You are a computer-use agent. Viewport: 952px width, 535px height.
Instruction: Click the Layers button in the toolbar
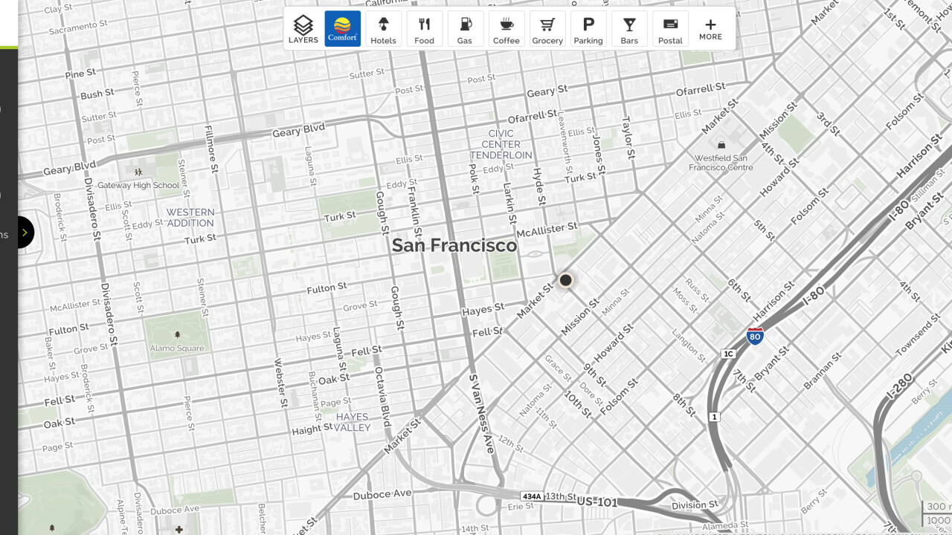(303, 29)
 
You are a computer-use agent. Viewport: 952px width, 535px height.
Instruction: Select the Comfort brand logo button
(343, 29)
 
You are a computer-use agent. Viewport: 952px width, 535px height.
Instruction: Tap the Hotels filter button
(384, 29)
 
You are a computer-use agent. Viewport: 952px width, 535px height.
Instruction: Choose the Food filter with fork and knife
(425, 29)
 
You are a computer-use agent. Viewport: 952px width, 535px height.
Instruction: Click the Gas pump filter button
(466, 29)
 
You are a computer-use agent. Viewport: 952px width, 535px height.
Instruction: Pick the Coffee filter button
(506, 29)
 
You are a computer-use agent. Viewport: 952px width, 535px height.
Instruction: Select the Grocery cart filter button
(547, 29)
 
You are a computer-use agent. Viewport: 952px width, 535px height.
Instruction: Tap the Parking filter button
(588, 29)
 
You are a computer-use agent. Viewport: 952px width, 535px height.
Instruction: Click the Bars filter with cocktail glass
(629, 29)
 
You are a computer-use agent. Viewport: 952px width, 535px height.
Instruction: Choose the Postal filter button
(670, 29)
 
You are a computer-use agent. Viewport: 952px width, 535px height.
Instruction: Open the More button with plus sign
(710, 29)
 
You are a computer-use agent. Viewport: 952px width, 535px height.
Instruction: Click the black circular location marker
(566, 280)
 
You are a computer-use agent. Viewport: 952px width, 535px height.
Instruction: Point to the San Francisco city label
(454, 245)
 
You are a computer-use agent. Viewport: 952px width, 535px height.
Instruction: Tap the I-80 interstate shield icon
(755, 336)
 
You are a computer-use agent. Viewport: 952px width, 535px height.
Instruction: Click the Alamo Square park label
(177, 348)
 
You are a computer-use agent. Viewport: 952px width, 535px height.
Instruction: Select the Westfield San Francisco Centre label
(721, 162)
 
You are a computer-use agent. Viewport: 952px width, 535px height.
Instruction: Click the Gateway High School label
(138, 185)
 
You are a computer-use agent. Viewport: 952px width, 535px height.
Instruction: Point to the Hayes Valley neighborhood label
(352, 422)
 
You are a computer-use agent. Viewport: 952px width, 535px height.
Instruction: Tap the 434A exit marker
(531, 496)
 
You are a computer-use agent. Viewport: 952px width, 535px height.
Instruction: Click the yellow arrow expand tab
(25, 233)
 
